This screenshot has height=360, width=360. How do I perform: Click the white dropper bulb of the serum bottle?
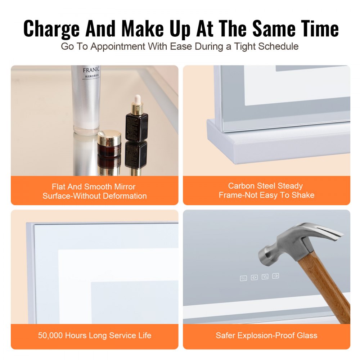(137, 99)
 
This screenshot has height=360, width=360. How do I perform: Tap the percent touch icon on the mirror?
(243, 278)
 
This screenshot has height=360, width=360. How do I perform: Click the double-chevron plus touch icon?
(254, 277)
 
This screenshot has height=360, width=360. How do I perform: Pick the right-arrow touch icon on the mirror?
(275, 276)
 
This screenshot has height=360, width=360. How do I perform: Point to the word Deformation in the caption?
(125, 196)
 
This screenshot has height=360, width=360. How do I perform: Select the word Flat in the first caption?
(59, 187)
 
